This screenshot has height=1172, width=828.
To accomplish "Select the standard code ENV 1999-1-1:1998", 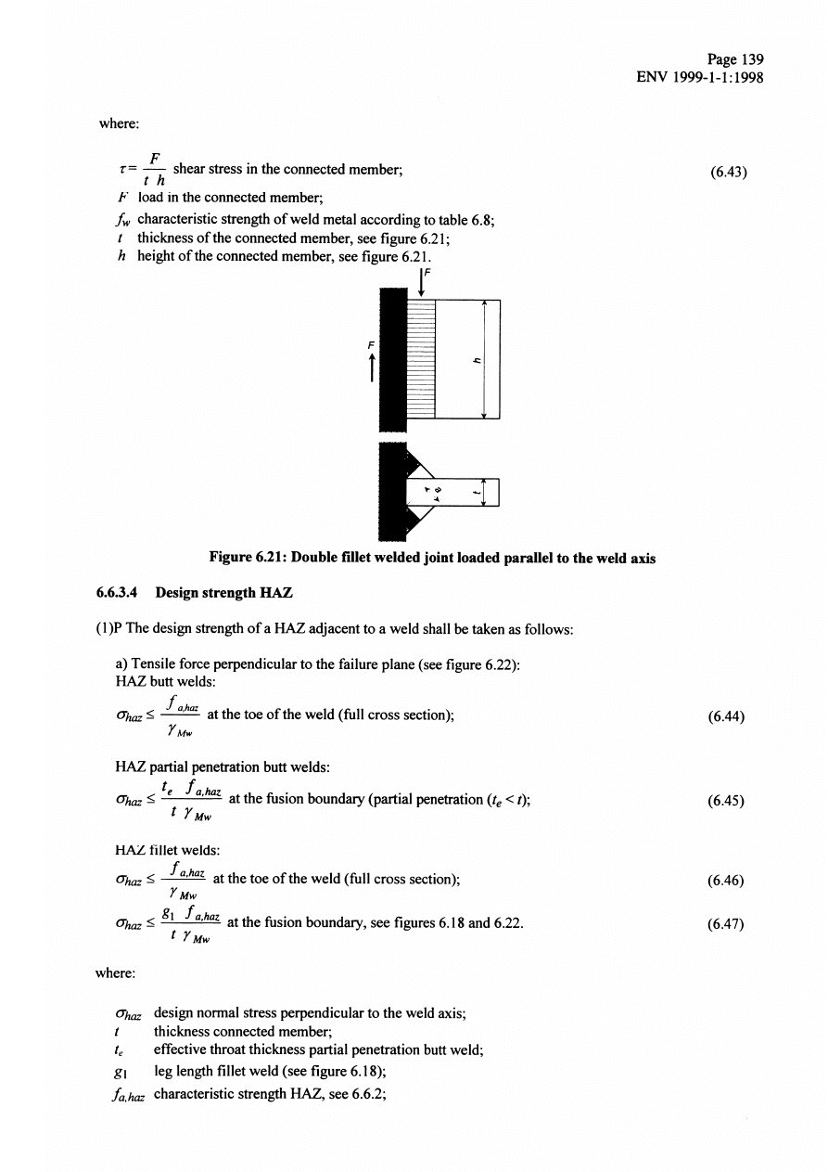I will (700, 78).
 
